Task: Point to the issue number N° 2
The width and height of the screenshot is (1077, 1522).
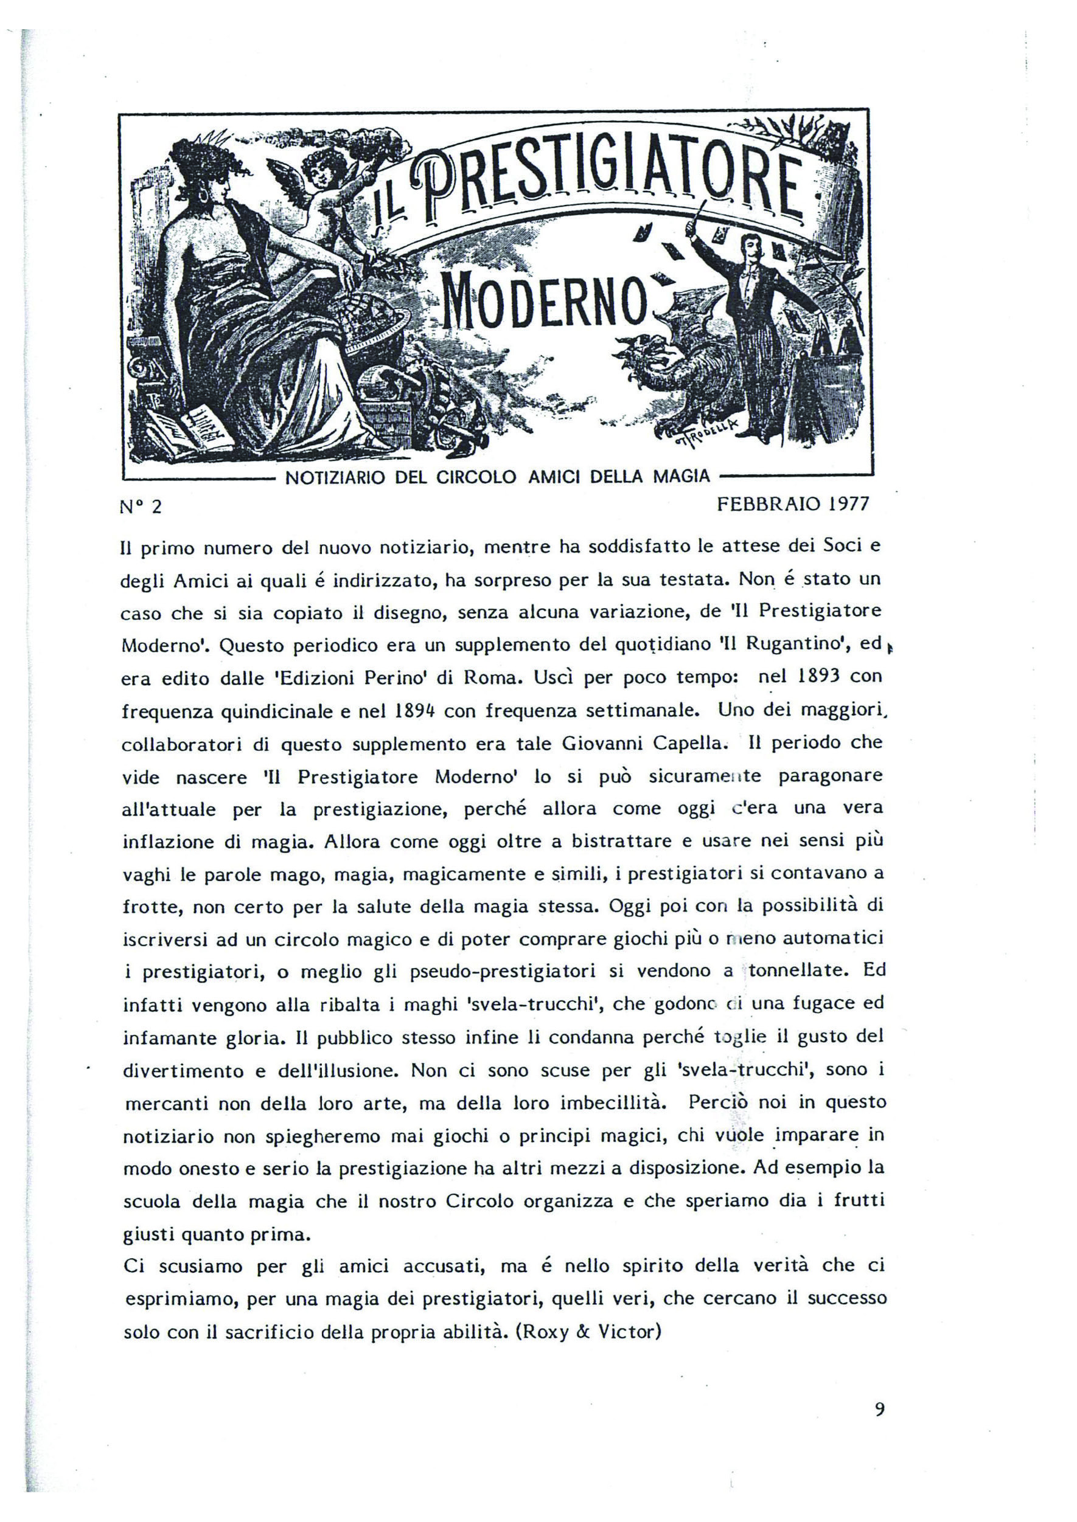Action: click(141, 507)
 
